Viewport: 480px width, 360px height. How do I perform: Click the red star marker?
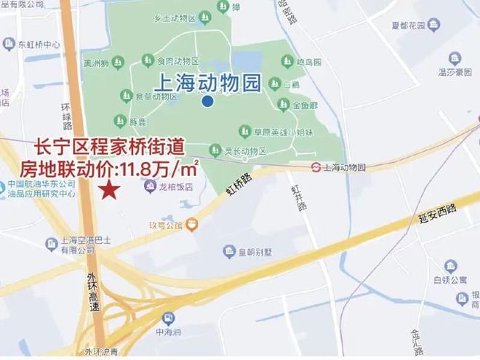coord(109,191)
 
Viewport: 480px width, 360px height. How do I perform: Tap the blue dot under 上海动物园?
coord(208,102)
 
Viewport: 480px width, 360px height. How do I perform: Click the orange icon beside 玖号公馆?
coord(191,224)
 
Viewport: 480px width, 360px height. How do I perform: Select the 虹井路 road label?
coord(297,197)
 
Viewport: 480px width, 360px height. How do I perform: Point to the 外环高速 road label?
coord(92,292)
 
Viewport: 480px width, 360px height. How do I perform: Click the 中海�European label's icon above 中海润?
coord(168,318)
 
